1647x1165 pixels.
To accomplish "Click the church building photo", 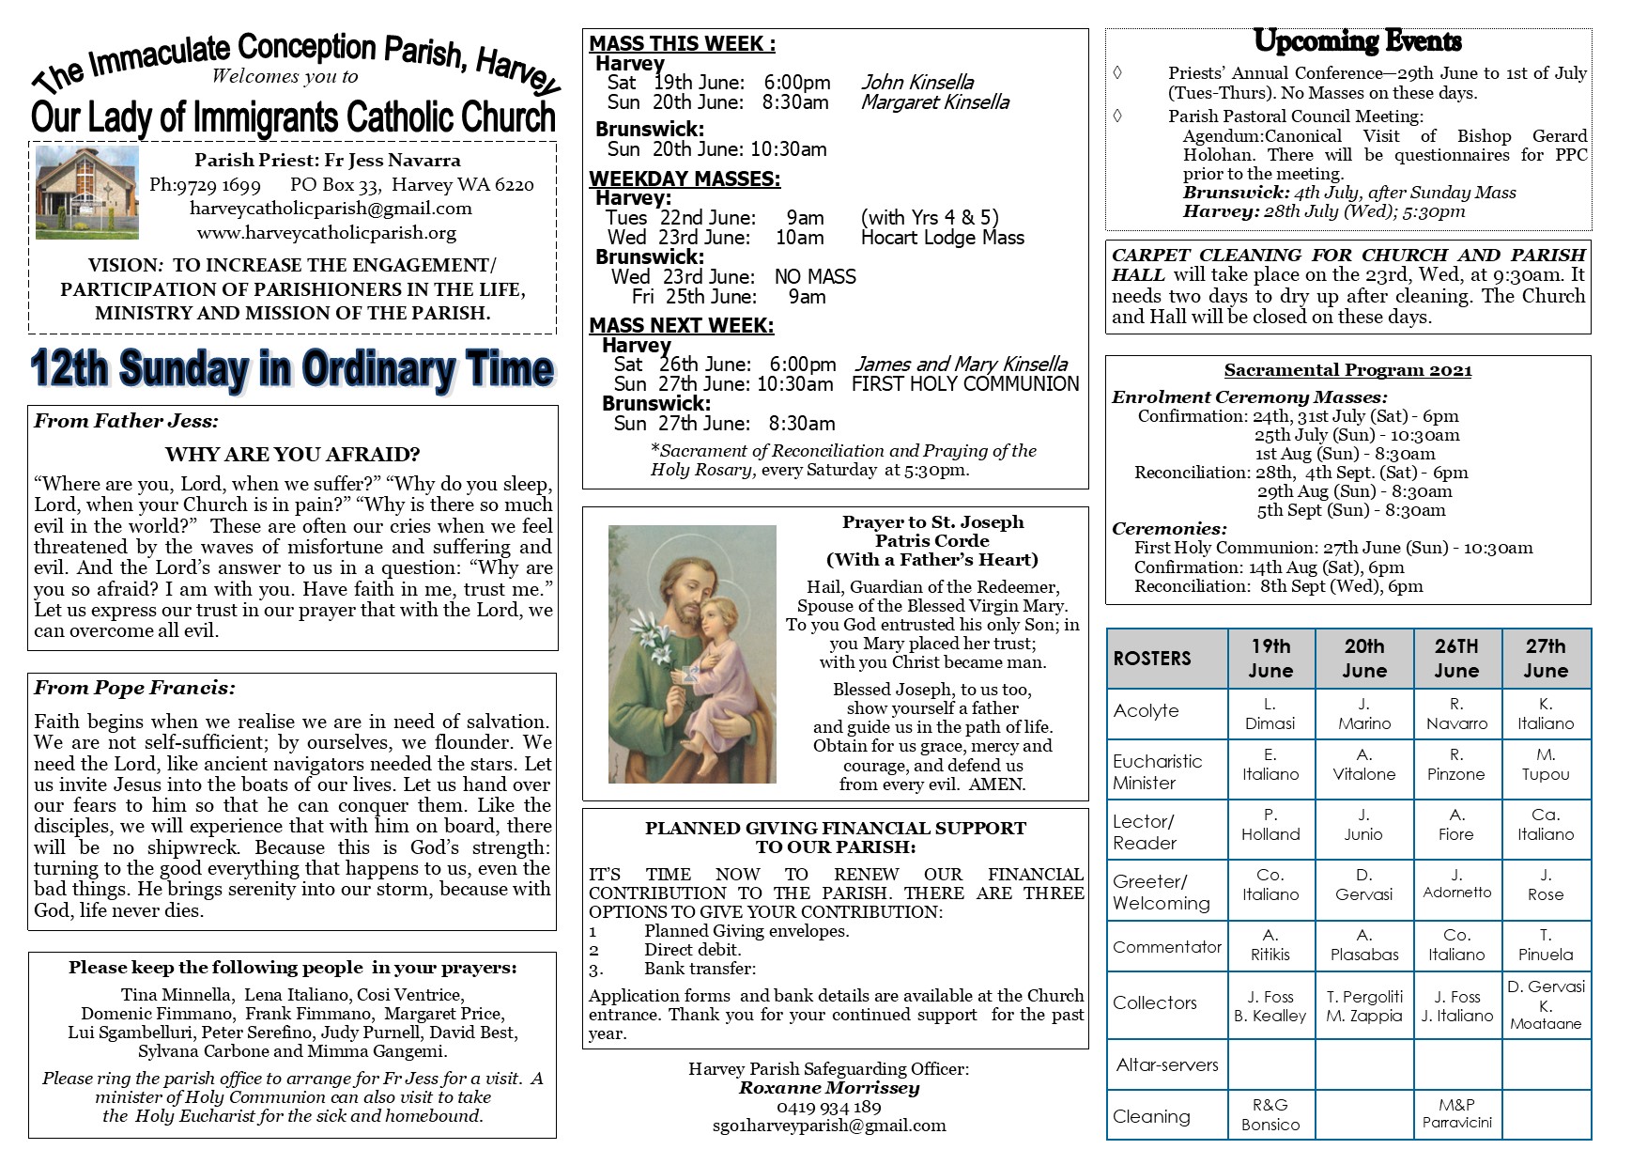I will [86, 193].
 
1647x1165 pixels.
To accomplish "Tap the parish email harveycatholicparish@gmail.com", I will [331, 209].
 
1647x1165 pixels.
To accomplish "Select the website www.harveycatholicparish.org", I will [327, 233].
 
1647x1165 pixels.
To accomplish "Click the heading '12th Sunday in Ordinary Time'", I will [293, 368].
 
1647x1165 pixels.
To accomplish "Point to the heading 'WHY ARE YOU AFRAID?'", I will [293, 455].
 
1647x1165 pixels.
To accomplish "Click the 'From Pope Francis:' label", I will [134, 688].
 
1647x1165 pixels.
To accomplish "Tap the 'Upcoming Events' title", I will [1357, 42].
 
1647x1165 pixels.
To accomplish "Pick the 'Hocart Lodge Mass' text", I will [942, 238].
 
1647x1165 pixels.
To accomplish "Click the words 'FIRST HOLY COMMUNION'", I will [965, 383].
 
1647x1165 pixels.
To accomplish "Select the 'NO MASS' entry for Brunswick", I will [815, 277].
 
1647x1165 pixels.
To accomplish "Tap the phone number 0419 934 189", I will [829, 1107].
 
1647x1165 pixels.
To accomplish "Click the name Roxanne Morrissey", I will [829, 1088].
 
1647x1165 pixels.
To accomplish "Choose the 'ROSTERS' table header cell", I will [1152, 659].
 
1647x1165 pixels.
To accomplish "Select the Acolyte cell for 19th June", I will [1270, 714].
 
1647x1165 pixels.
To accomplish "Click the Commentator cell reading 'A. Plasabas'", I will [1364, 945].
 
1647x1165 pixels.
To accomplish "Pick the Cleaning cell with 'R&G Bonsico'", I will [1270, 1115].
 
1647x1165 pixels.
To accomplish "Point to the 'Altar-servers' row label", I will [1167, 1064].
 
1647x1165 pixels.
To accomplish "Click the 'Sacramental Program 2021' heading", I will [1347, 370].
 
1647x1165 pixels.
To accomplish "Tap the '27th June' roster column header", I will [1546, 659].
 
